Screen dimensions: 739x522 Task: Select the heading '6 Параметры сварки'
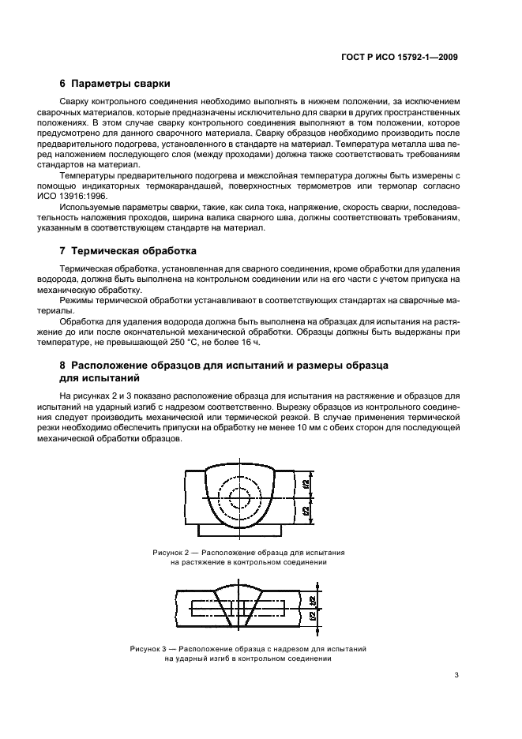115,84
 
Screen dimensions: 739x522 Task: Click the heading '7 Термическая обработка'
128,253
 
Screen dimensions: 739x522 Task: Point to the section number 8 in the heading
62,366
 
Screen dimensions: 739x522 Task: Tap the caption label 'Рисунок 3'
150,647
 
